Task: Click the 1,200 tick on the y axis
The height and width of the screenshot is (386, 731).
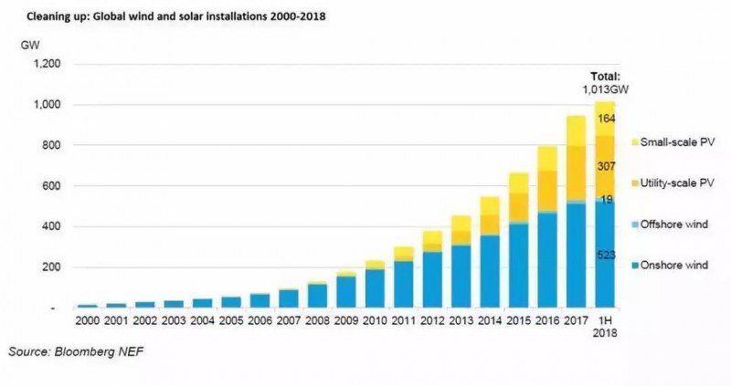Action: click(x=44, y=65)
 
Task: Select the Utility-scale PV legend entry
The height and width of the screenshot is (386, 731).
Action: click(x=678, y=183)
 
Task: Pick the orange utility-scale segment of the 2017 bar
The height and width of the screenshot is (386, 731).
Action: click(x=576, y=173)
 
